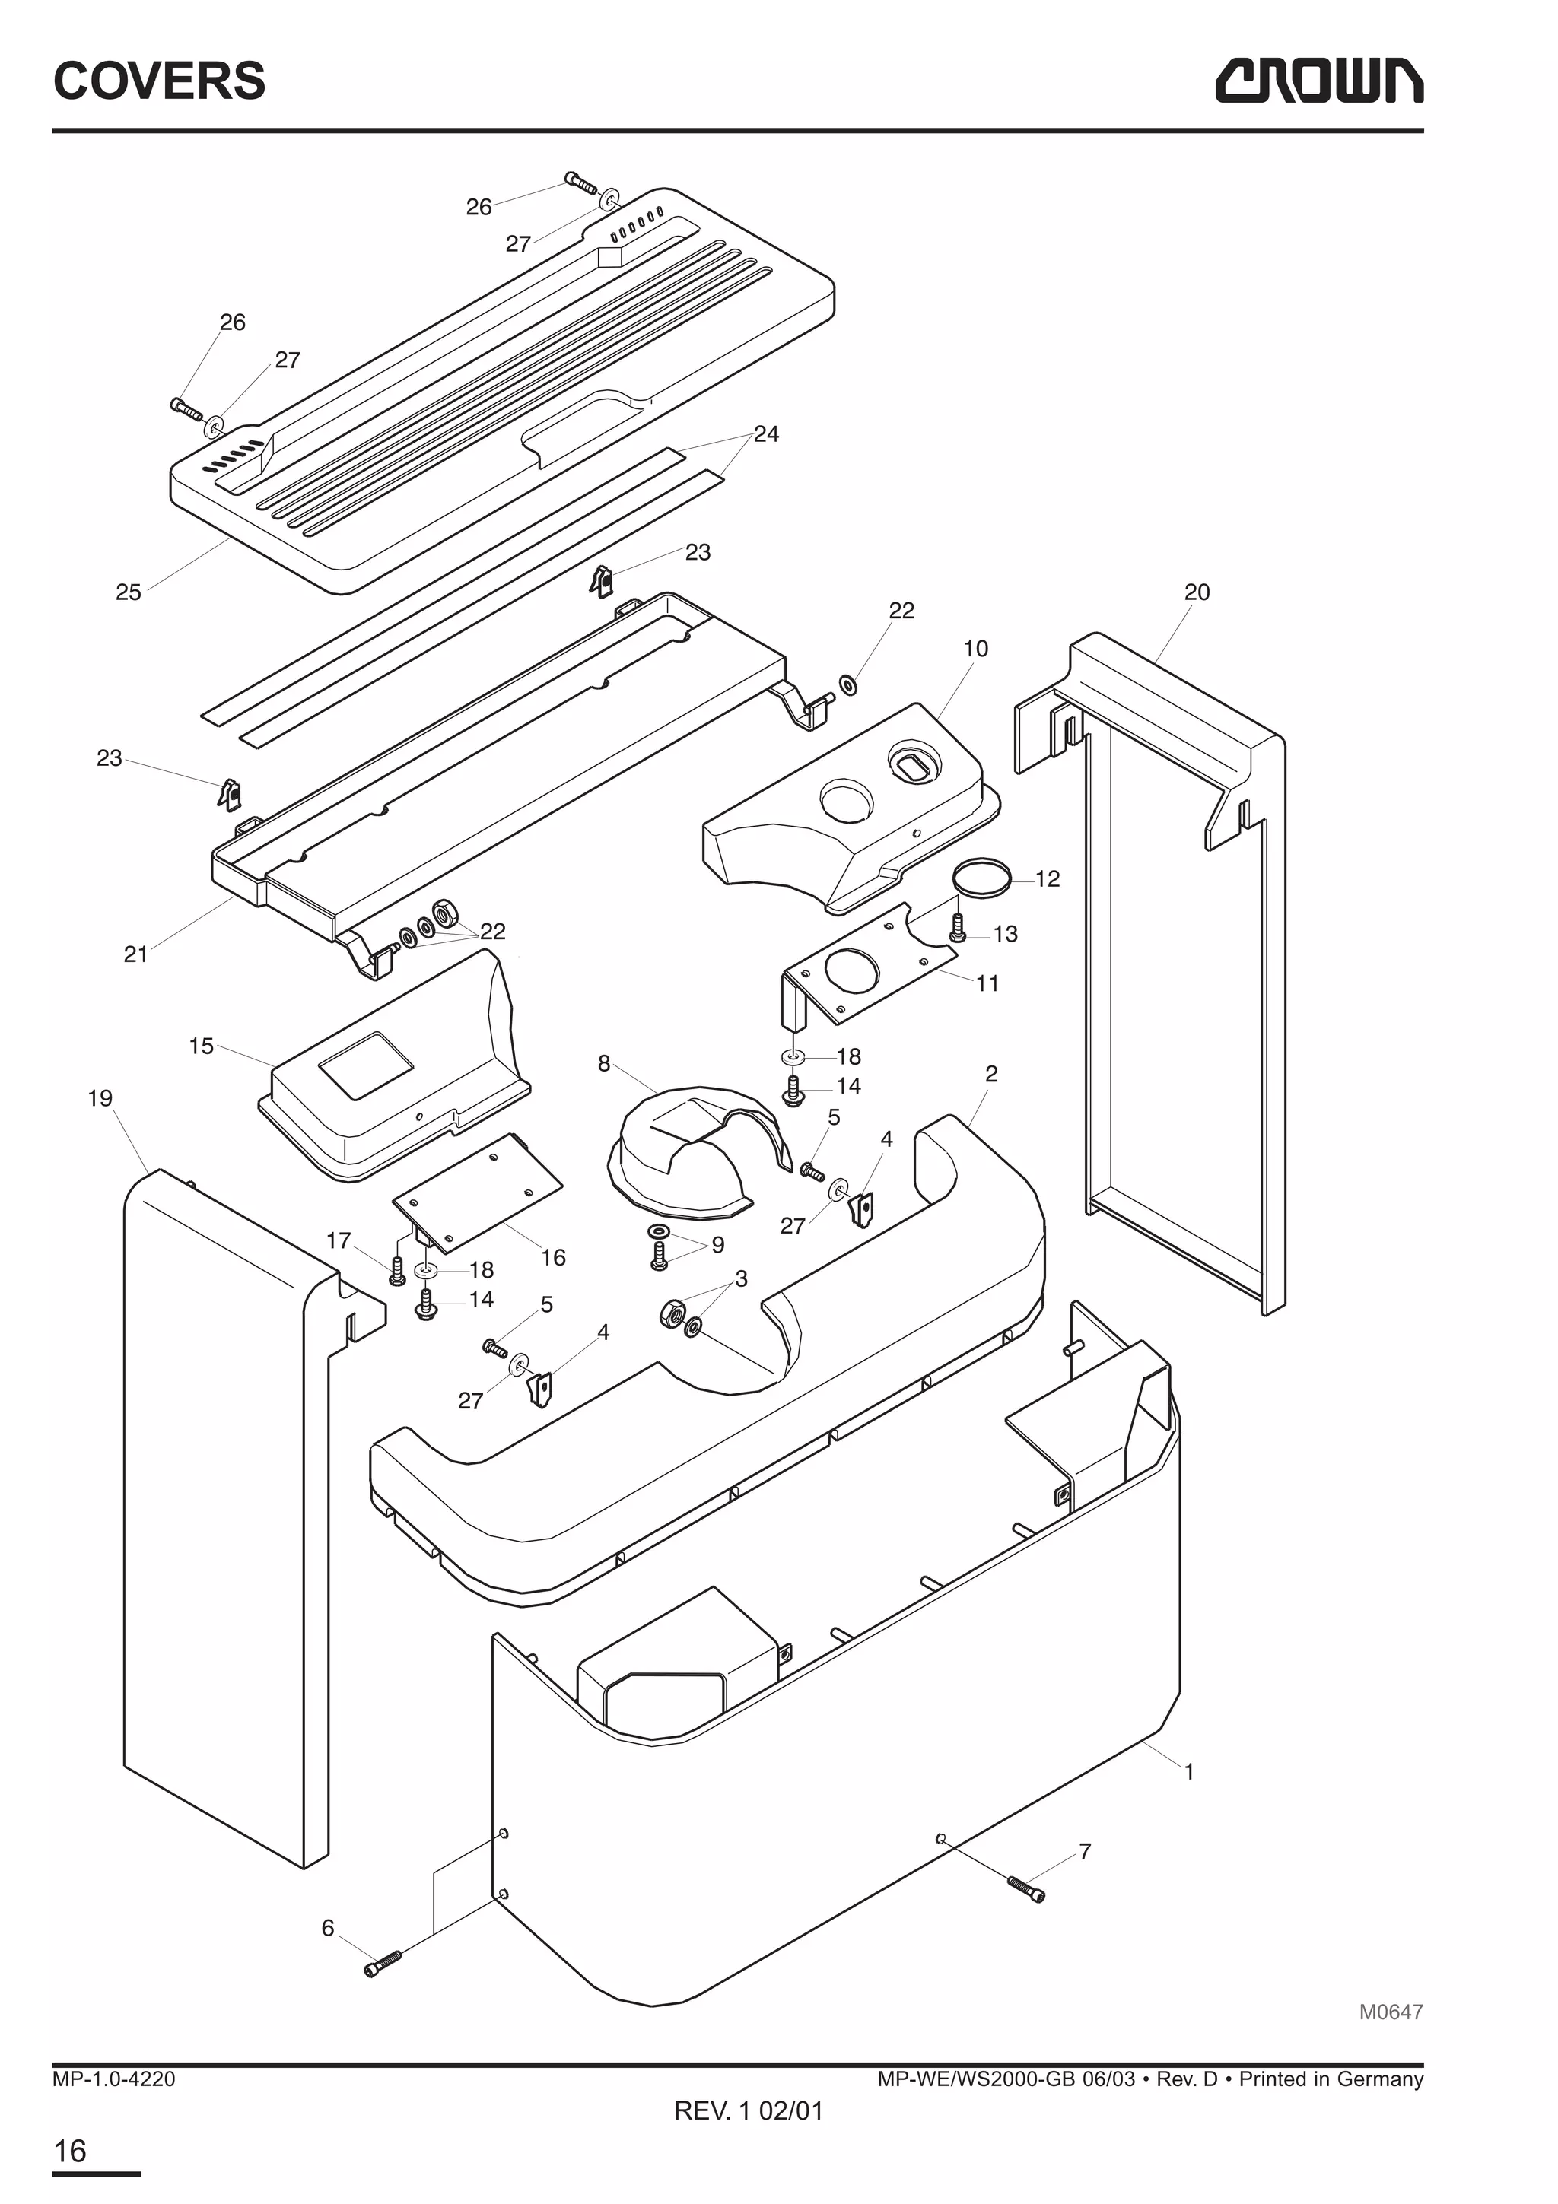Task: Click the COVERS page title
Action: click(159, 81)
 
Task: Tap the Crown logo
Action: click(1319, 81)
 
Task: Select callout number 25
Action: click(128, 592)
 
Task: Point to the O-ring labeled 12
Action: click(982, 878)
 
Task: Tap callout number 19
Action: click(100, 1098)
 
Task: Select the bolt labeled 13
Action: click(956, 927)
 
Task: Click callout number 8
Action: click(604, 1064)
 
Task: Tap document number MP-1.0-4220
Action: click(114, 2079)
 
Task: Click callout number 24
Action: click(765, 434)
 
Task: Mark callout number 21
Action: click(135, 954)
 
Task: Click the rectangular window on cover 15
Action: click(366, 1065)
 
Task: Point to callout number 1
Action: click(1188, 1772)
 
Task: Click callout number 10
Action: click(975, 649)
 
